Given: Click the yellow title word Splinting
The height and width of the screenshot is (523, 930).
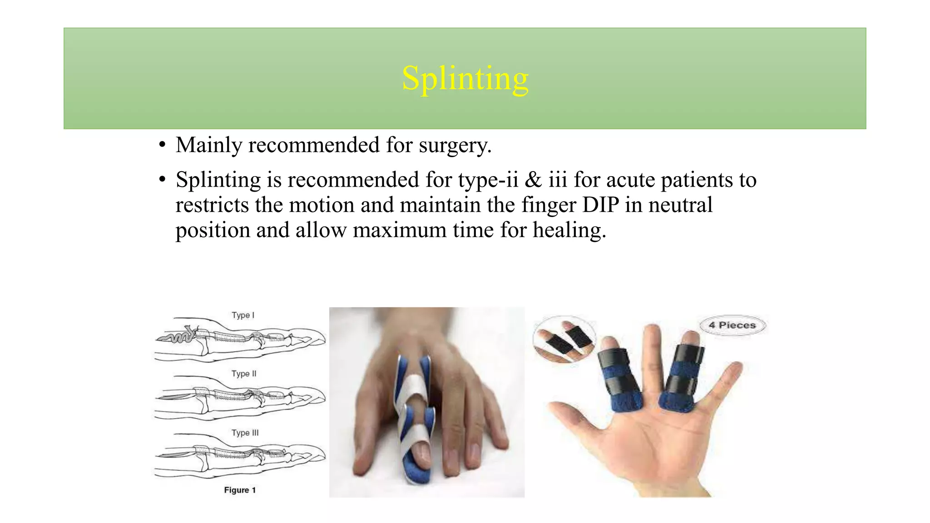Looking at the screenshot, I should [465, 79].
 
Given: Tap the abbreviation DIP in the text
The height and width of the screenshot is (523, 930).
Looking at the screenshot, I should [600, 205].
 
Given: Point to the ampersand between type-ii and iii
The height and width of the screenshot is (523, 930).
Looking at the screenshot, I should [533, 180].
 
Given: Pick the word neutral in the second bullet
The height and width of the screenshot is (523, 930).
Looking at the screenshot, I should [680, 205].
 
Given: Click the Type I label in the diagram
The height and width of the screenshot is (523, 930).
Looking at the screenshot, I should [243, 315].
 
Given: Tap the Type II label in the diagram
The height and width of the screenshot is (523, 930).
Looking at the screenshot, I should [244, 374].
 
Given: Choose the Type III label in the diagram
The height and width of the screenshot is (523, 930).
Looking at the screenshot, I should [245, 433].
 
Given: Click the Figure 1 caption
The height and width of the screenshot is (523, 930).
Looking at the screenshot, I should [240, 490].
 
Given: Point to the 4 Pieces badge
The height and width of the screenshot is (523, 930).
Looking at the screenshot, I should [732, 325].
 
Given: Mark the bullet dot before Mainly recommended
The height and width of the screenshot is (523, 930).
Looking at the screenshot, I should [162, 146].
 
